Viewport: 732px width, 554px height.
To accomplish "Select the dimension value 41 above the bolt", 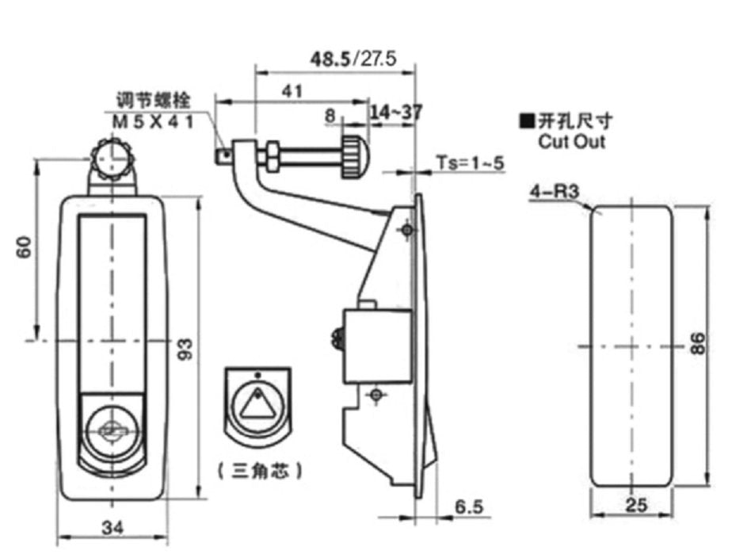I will [293, 91].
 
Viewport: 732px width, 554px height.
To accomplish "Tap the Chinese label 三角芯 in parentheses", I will [260, 471].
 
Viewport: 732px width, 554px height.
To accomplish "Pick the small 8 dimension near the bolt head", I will [330, 115].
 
